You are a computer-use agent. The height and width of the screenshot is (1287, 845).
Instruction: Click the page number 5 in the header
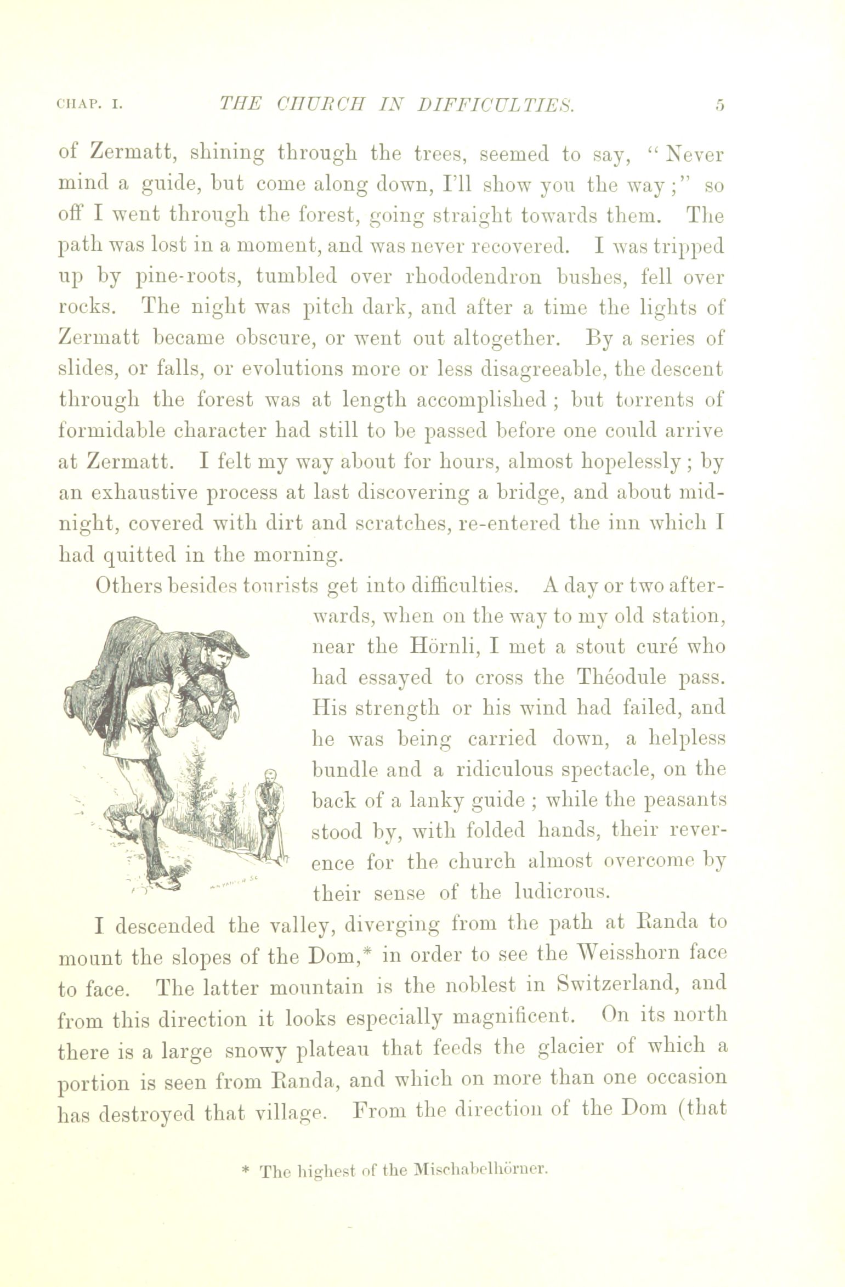pyautogui.click(x=719, y=104)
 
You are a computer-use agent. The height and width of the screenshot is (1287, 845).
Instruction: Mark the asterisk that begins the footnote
pyautogui.click(x=245, y=1170)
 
